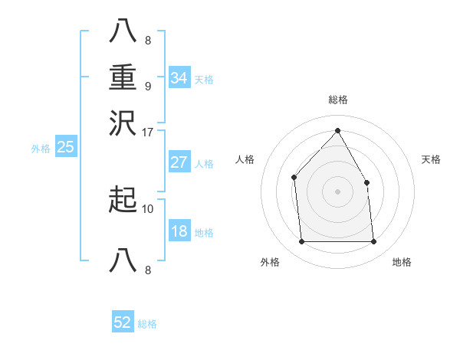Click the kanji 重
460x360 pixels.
[x=123, y=79]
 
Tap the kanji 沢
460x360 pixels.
[x=123, y=123]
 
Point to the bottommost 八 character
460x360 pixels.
[x=123, y=260]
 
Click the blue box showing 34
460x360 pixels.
[x=179, y=78]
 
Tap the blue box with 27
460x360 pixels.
[x=179, y=162]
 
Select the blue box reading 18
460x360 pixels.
[x=179, y=232]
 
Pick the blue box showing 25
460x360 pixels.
[x=65, y=147]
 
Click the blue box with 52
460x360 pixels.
[x=123, y=322]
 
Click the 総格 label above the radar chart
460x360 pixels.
[x=337, y=100]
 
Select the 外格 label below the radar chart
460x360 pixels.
[x=270, y=262]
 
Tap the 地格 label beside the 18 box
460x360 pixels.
[x=204, y=233]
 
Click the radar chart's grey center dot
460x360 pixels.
[x=337, y=191]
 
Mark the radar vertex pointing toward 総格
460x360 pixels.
[x=337, y=130]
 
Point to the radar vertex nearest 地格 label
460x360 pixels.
[x=373, y=242]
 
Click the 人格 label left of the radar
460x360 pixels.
[x=245, y=159]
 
